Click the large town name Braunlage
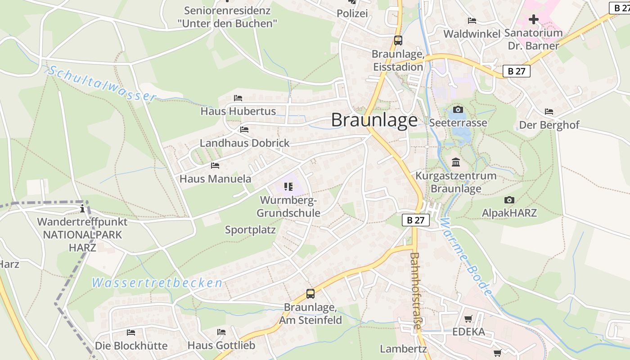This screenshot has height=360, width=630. tap(374, 120)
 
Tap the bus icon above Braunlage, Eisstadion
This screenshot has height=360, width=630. tap(398, 40)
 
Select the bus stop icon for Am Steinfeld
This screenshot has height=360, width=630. tap(310, 294)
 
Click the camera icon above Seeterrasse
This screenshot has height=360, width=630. tap(458, 110)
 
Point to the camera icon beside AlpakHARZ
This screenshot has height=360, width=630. tap(509, 200)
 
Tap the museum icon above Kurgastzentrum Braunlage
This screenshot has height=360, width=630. tap(456, 162)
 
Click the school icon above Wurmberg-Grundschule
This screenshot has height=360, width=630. tap(288, 186)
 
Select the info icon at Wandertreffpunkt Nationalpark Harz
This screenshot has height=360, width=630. tap(82, 208)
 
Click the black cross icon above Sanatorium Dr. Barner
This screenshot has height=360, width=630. tap(534, 19)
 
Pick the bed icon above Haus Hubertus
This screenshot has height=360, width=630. tap(238, 98)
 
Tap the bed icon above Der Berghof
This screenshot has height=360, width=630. tap(549, 112)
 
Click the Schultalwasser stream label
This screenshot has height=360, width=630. tap(102, 84)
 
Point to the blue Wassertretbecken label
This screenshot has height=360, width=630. tap(157, 283)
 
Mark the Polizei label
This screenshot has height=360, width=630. tap(352, 13)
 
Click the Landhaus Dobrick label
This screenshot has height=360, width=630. tap(245, 143)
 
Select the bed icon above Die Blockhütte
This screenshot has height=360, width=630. tap(131, 333)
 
